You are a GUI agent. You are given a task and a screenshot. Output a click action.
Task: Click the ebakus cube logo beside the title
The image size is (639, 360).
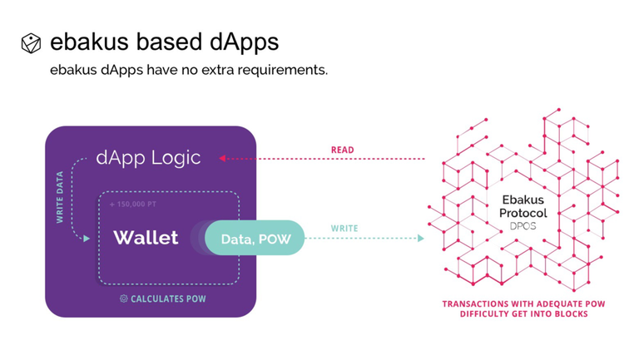click(31, 43)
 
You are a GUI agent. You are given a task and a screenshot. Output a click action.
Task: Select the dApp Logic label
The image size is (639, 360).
click(148, 158)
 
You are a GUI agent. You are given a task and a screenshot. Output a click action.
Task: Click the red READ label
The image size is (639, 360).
click(342, 150)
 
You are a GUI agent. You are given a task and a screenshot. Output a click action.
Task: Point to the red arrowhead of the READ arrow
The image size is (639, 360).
click(222, 158)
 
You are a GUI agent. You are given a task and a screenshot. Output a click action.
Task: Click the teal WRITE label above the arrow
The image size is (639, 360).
click(344, 229)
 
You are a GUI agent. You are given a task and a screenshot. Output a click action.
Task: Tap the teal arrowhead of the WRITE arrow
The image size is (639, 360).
click(421, 239)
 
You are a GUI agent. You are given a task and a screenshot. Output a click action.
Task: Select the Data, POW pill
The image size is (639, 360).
click(255, 239)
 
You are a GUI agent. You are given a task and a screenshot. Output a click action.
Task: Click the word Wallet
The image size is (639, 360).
click(146, 238)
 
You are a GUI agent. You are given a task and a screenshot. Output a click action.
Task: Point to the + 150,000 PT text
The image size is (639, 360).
click(133, 204)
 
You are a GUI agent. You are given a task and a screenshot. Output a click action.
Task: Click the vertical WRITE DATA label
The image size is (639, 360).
click(60, 197)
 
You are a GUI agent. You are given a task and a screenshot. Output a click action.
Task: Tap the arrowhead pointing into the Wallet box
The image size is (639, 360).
click(87, 239)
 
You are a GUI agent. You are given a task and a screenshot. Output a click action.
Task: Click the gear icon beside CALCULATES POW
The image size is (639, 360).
click(123, 298)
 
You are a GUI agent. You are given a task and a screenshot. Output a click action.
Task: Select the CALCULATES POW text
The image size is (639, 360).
click(168, 299)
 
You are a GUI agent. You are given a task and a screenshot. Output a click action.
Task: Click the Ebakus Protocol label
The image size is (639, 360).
click(523, 206)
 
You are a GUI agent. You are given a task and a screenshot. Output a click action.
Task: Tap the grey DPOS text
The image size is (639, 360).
click(523, 226)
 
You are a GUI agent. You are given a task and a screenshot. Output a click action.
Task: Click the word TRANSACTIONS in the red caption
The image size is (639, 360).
click(475, 303)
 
